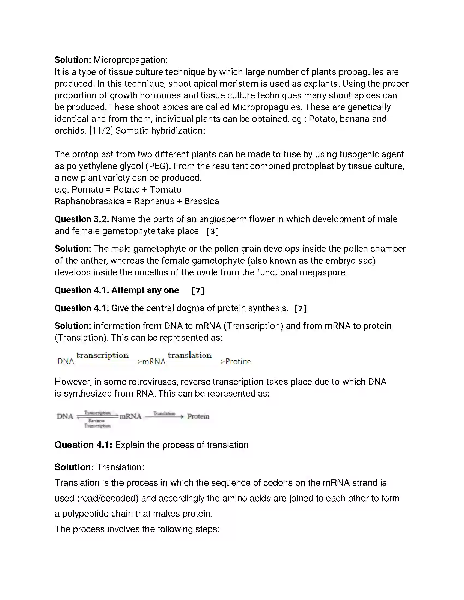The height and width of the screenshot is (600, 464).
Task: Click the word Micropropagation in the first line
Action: [x=130, y=60]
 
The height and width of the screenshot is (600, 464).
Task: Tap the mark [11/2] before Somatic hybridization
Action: [x=101, y=130]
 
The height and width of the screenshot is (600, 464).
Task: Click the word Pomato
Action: [x=83, y=190]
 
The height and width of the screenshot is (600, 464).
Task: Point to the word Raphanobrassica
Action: [x=89, y=201]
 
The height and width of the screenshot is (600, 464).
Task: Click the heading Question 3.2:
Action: [x=82, y=219]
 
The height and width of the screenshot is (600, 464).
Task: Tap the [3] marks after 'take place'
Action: [x=212, y=231]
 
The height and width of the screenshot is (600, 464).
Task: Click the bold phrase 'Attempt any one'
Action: [x=145, y=290]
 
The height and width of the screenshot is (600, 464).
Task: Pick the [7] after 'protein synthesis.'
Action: [x=300, y=308]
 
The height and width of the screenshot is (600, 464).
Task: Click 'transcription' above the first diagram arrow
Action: [x=102, y=355]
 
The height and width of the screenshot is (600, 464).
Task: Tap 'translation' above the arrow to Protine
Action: [x=190, y=355]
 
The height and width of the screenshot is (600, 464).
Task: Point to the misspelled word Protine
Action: [x=238, y=362]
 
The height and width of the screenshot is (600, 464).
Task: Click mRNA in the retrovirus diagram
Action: [x=130, y=416]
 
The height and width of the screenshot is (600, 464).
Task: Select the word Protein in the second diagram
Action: [x=198, y=416]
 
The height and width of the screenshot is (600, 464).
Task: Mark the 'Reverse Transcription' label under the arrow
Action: [x=97, y=423]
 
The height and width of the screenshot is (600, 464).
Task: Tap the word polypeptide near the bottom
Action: [x=85, y=514]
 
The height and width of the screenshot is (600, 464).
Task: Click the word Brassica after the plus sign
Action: [x=201, y=201]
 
